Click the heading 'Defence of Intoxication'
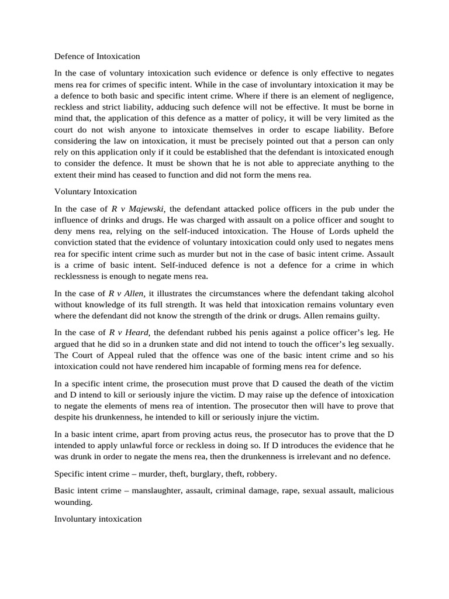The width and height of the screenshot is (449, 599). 97,57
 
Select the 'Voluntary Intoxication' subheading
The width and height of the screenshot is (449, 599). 95,191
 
